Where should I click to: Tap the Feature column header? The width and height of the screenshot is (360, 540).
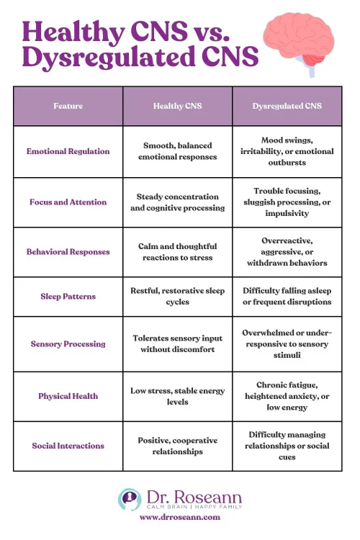(x=68, y=106)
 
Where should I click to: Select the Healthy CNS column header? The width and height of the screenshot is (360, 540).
(x=177, y=106)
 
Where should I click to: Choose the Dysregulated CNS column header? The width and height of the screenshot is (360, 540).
(x=287, y=106)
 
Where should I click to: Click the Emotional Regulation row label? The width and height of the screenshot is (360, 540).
(x=68, y=151)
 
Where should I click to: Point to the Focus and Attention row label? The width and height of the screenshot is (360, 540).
(x=68, y=202)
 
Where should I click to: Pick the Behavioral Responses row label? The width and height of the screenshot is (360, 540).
(x=68, y=252)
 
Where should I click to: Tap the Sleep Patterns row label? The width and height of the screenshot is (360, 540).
(x=68, y=296)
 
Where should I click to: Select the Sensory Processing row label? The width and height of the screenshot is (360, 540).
(x=68, y=343)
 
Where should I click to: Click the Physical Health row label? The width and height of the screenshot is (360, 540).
(x=68, y=395)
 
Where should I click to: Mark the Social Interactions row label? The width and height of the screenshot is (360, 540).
(x=68, y=446)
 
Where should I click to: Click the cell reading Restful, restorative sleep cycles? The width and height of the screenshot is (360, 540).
(x=177, y=296)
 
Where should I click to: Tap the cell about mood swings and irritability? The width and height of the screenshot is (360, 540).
(x=287, y=151)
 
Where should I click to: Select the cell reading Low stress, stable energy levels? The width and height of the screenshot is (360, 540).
(x=177, y=395)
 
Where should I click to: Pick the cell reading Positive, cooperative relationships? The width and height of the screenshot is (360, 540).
(x=177, y=446)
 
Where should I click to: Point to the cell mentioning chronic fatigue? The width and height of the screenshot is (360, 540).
(x=287, y=395)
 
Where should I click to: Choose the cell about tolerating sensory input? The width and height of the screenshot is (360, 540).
(x=177, y=343)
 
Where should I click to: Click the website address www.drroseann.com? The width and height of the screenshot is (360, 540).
(x=180, y=517)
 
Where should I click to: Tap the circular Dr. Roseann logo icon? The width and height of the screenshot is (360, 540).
(x=130, y=499)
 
